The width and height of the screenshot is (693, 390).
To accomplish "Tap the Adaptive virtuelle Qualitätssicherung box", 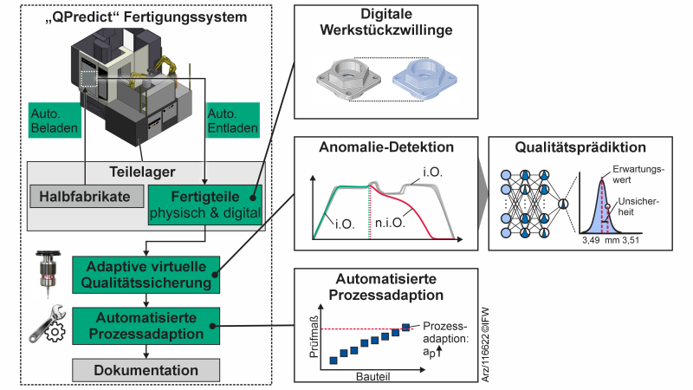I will coord(144,272).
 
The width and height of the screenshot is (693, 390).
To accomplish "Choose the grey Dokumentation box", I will coord(144,371).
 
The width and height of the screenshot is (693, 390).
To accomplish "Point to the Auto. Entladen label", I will coord(232,122).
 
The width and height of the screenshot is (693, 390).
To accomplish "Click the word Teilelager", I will coord(144,171).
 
